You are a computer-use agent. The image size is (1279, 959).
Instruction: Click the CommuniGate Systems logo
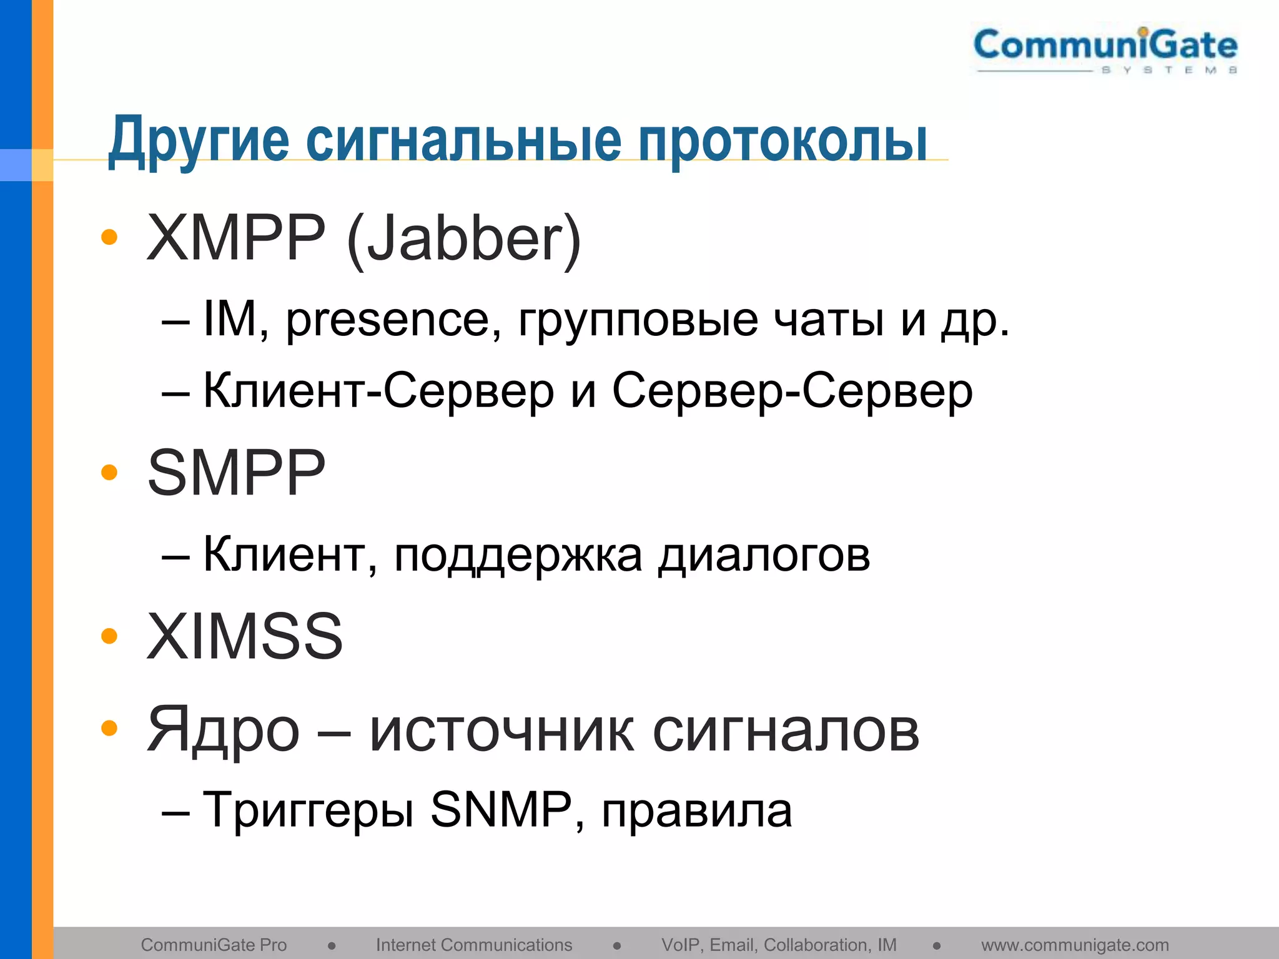click(1105, 50)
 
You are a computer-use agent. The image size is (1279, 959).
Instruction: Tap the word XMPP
click(236, 239)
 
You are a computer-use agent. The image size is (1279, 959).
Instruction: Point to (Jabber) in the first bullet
click(463, 240)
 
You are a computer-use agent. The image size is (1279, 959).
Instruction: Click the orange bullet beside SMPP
click(109, 472)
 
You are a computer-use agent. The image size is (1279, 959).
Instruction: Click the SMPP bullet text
click(236, 473)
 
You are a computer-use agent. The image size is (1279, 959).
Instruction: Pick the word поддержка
click(518, 555)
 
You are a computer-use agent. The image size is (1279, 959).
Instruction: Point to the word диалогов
click(764, 555)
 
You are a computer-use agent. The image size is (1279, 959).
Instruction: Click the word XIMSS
click(245, 636)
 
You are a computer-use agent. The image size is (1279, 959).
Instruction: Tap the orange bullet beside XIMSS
click(109, 636)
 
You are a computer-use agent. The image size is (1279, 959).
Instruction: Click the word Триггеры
click(309, 810)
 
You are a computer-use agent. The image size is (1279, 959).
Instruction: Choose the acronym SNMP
click(501, 810)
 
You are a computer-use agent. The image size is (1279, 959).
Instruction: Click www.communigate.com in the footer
click(1075, 945)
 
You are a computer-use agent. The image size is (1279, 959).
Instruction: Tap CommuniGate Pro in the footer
click(214, 945)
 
